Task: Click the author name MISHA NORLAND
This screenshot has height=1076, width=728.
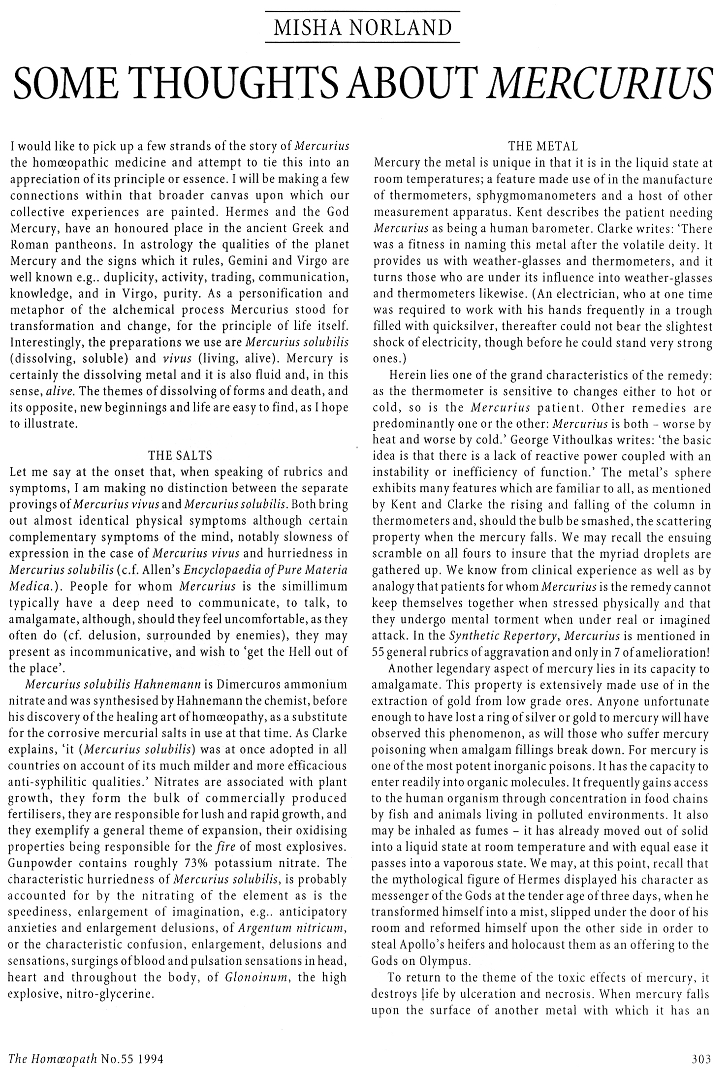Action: (x=362, y=28)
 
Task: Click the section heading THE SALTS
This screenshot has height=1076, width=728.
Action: (x=180, y=455)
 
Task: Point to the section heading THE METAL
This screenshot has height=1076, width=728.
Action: (x=543, y=146)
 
